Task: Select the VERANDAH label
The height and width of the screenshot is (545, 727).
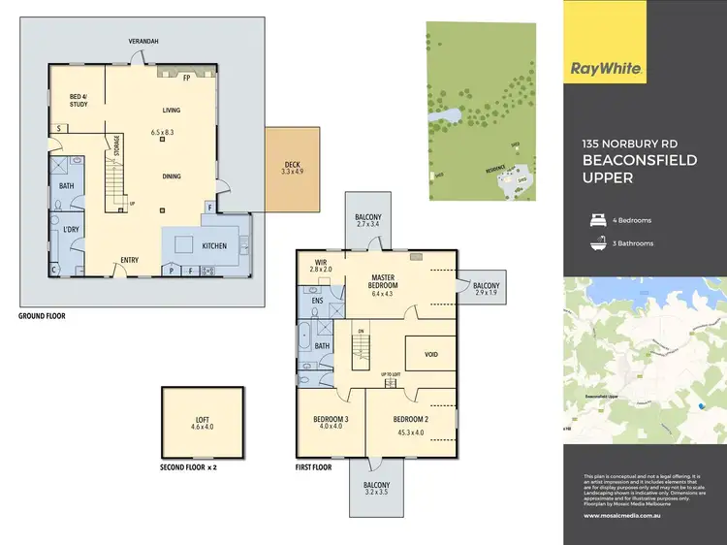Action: [x=143, y=41]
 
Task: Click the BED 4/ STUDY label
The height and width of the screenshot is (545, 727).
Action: [x=79, y=101]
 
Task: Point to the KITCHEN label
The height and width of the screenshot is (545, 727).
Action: [x=214, y=245]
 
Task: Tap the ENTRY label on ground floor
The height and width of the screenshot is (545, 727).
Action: [x=129, y=259]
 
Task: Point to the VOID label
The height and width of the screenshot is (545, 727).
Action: [x=431, y=354]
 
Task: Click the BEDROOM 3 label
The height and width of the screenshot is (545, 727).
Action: [x=332, y=419]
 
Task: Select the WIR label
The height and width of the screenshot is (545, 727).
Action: [x=321, y=262]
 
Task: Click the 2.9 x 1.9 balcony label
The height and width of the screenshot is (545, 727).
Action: [x=485, y=292]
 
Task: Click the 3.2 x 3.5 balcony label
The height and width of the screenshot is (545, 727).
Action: [x=376, y=492]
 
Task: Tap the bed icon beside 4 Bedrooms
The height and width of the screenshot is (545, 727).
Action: [x=598, y=220]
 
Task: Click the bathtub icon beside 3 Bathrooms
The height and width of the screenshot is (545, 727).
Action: [x=598, y=243]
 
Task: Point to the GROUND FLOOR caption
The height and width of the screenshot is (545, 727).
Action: [x=43, y=316]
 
